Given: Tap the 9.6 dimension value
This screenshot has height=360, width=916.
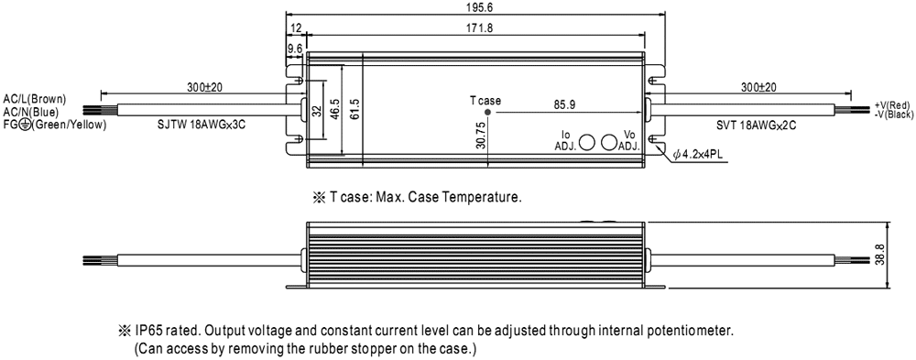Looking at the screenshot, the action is point(295,49).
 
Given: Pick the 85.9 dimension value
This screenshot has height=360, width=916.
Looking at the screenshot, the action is point(564,105).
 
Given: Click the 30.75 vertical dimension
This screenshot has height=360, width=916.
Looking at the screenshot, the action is point(481,138).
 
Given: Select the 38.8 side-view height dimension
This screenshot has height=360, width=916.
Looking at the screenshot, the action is point(900,255).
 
